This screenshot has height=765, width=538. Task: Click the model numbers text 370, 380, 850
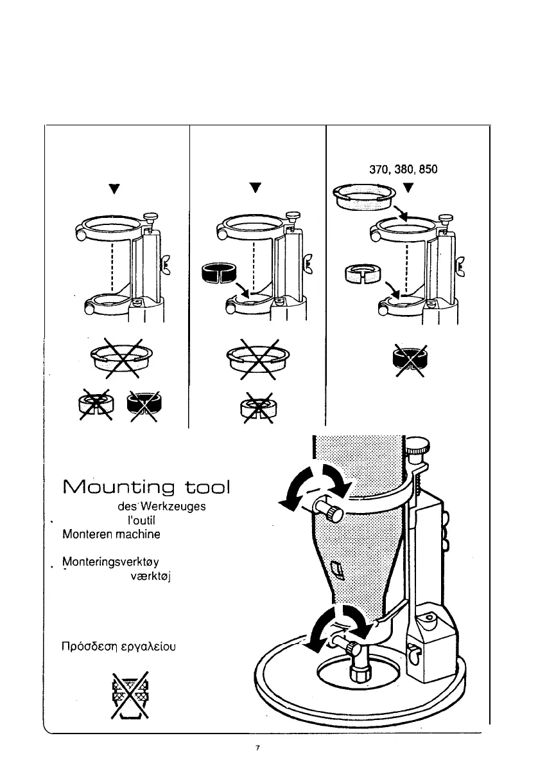pos(401,172)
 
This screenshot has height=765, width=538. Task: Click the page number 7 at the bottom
pos(257,748)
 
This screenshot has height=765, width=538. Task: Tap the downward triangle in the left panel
pos(114,189)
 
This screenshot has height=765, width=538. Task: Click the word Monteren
pos(84,533)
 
